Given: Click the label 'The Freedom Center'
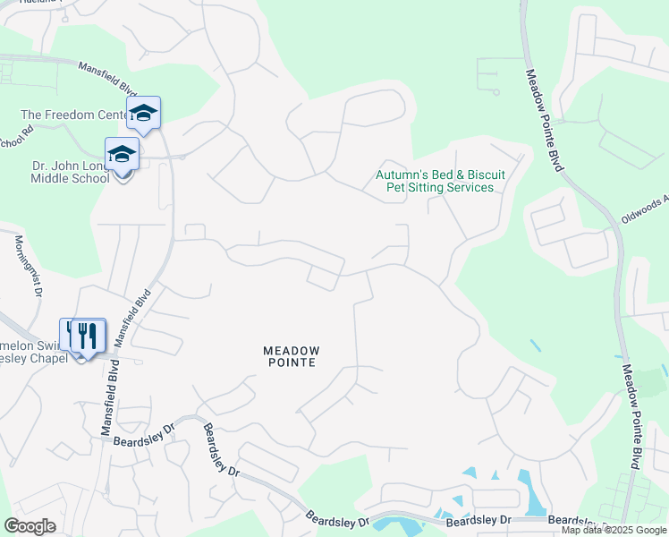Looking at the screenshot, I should point(76,115).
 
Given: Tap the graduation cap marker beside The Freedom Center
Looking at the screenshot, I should point(143,113).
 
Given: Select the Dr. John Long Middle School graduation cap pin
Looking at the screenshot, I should point(123,155).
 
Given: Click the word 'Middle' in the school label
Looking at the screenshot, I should point(52,178).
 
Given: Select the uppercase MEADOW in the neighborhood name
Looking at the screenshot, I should point(291,349).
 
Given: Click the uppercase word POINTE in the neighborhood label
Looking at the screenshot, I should point(291,362).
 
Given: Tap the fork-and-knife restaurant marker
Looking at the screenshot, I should point(87,337).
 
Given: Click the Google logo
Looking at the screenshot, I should point(30,526).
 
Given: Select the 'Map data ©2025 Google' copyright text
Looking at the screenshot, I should point(614,531).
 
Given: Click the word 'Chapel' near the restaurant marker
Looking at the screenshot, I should point(48,359).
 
